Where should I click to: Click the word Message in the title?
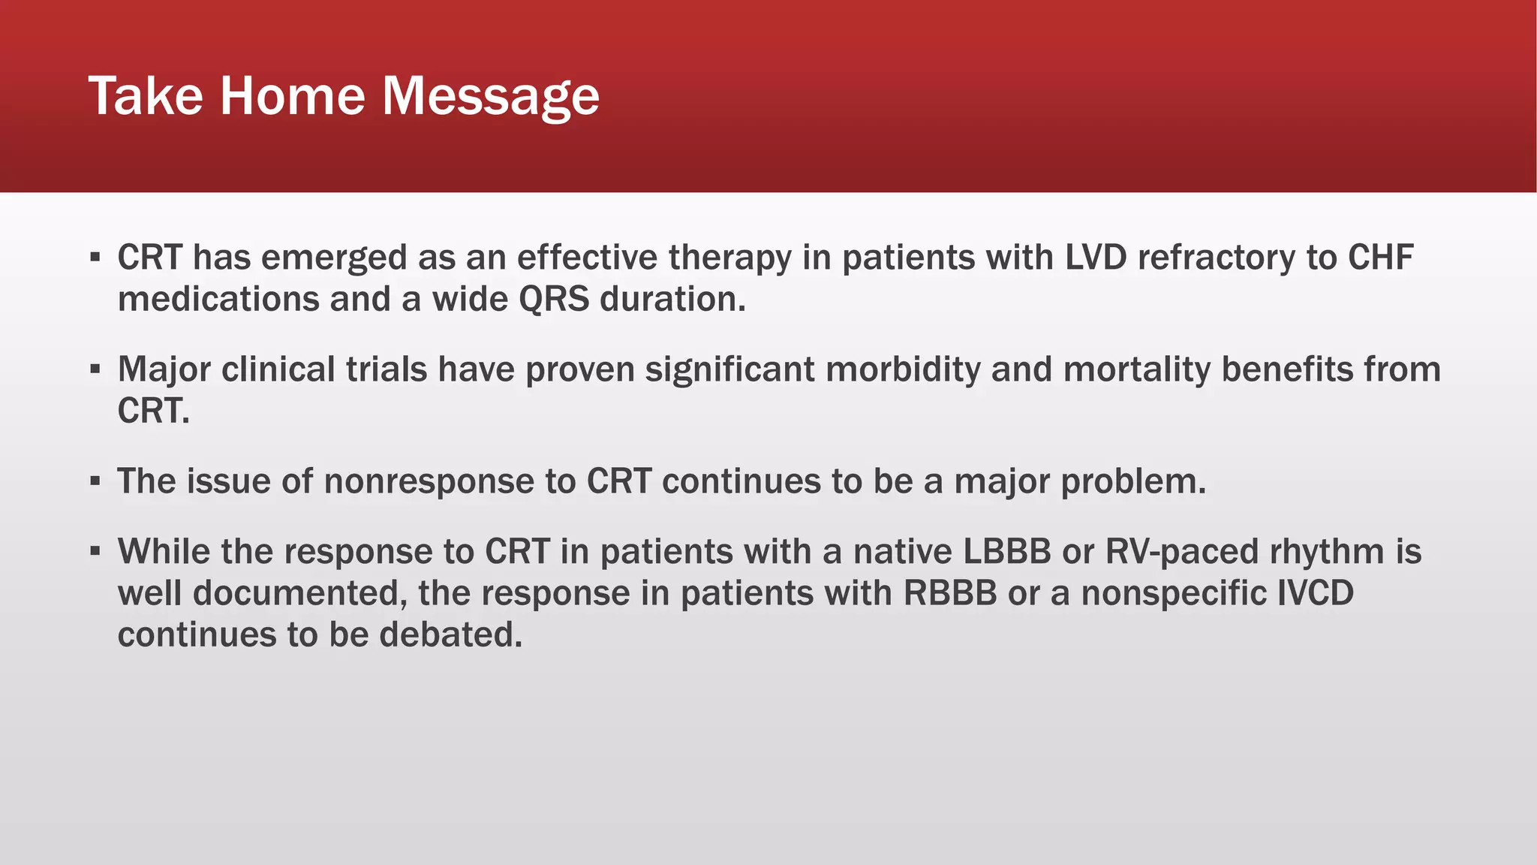pos(491,96)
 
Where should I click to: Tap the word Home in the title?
pos(293,96)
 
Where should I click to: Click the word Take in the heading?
pos(146,96)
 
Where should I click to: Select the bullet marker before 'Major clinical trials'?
pos(95,369)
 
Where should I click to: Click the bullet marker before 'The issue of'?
pos(95,481)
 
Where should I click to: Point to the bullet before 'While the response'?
pos(95,552)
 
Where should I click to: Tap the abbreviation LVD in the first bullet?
pos(1096,258)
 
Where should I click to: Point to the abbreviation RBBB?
pos(949,593)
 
